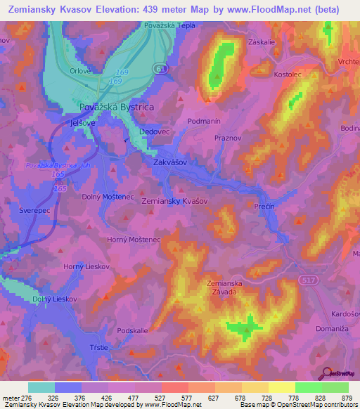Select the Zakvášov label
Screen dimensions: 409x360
point(169,162)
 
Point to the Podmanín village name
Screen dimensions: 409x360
point(205,121)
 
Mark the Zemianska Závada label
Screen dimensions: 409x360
point(223,288)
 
